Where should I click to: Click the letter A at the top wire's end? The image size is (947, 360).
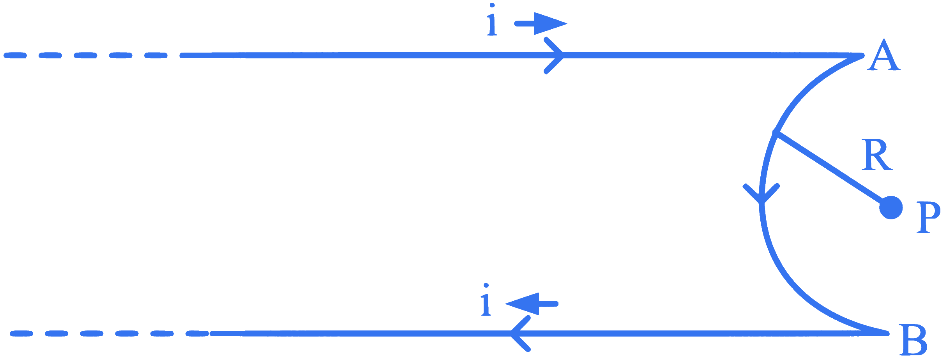tap(883, 55)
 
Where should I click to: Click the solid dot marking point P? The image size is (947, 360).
tap(891, 208)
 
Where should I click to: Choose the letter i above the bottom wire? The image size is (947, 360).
tap(486, 299)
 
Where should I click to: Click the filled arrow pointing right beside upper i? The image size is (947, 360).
tap(541, 24)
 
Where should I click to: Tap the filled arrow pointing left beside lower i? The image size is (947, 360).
tap(532, 304)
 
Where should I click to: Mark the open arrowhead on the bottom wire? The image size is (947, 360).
tap(520, 334)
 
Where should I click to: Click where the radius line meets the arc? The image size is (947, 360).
tap(776, 133)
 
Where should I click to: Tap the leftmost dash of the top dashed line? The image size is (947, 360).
tap(15, 55)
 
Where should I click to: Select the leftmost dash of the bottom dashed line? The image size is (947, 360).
tap(21, 334)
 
